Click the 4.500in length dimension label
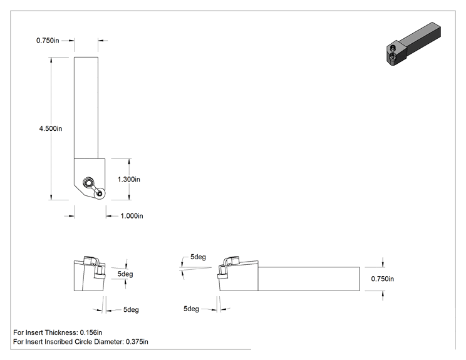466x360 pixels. pos(51,128)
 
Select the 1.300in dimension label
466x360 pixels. pos(128,179)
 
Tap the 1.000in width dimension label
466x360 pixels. pos(132,216)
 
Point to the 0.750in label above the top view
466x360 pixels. pos(48,41)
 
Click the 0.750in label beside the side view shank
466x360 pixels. pos(383,279)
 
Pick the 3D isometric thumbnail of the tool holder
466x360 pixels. pos(413,44)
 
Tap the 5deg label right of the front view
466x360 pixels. pos(125,274)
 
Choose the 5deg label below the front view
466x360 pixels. pos(131,310)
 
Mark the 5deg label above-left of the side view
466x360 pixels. pos(198,257)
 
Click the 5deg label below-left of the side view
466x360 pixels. pos(191,309)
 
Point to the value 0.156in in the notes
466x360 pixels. pos(91,332)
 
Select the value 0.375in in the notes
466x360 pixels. pos(137,342)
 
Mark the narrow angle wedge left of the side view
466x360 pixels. pos(195,268)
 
